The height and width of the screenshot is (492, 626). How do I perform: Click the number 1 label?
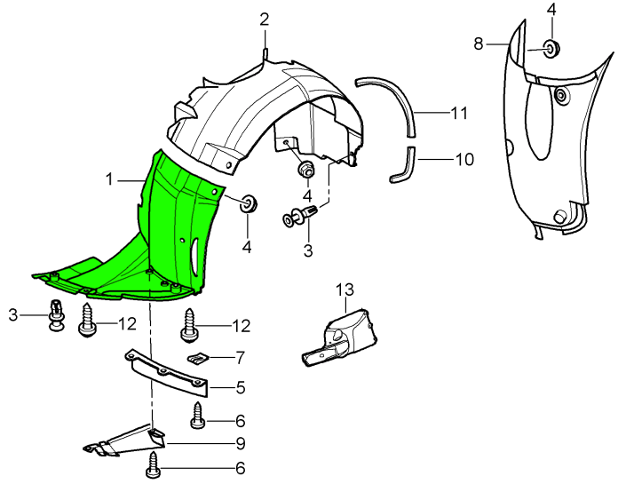(x=110, y=179)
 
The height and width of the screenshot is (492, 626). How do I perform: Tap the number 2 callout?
(x=265, y=20)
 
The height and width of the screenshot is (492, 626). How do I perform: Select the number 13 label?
(x=345, y=290)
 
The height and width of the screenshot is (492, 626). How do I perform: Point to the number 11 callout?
(x=458, y=114)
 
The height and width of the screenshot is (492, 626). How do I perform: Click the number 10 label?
(x=464, y=160)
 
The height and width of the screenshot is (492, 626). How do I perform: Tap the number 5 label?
(x=241, y=387)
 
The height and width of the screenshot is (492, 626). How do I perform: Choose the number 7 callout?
(x=241, y=357)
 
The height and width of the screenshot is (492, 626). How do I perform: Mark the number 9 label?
(x=241, y=442)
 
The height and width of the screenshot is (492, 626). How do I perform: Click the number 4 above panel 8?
(x=551, y=10)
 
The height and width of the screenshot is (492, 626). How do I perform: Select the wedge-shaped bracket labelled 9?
(x=129, y=439)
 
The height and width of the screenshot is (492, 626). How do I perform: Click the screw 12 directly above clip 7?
(x=191, y=326)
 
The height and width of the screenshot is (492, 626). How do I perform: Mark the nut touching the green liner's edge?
(x=248, y=203)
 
